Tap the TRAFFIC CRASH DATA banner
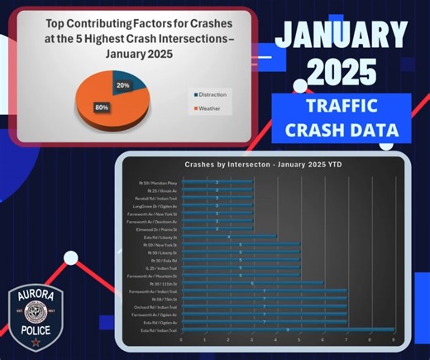340,118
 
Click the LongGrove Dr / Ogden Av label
155,205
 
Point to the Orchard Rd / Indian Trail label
156,306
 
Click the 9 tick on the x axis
394,340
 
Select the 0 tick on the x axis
180,340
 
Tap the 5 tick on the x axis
299,340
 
